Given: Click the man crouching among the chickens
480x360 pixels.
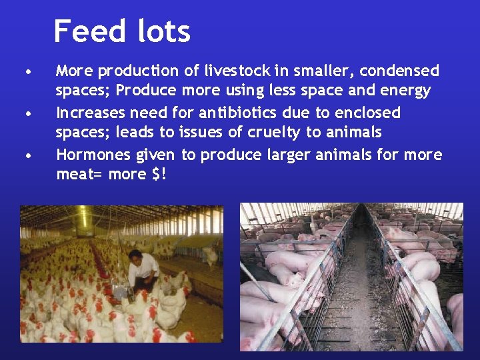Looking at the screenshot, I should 143,270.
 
